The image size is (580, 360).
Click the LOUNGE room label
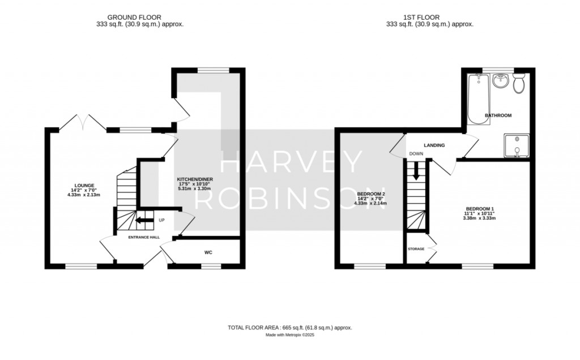click(x=84, y=186)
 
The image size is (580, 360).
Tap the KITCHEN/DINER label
click(x=195, y=179)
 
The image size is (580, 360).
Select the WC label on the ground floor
click(x=208, y=253)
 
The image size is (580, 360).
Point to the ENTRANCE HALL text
click(x=144, y=237)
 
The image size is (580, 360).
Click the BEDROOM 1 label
click(x=479, y=209)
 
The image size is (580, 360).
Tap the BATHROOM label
click(x=498, y=115)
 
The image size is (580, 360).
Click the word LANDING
click(x=434, y=145)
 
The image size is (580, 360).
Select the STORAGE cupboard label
click(x=416, y=249)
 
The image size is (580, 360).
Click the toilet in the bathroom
click(x=519, y=83)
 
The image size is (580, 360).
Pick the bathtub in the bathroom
click(x=479, y=99)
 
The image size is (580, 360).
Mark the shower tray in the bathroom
click(x=517, y=145)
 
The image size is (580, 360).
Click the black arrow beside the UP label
click(x=144, y=221)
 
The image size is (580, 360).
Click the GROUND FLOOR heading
click(x=134, y=18)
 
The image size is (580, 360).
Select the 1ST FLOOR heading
click(x=421, y=18)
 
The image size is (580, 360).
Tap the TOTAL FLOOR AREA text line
click(x=289, y=328)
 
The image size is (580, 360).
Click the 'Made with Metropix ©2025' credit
click(x=290, y=335)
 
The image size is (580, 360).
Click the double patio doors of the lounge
click(x=83, y=122)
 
